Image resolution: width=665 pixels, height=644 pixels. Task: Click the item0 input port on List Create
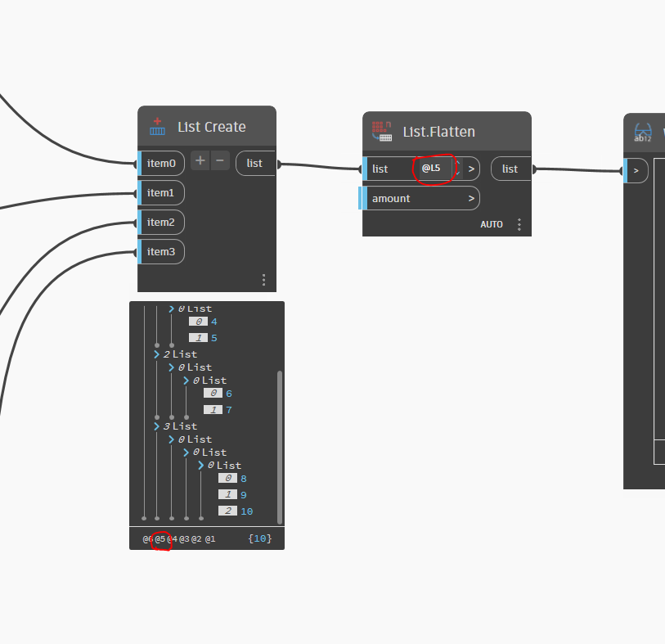coord(161,164)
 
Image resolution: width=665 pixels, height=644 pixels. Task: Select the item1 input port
coord(160,193)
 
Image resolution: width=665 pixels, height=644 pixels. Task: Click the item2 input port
coord(160,223)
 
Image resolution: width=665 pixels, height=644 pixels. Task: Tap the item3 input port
coord(160,252)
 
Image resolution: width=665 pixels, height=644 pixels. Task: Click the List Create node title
coord(211,127)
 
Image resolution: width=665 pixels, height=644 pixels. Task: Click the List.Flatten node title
coord(438,132)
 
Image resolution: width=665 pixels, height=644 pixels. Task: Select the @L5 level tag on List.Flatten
coord(431,169)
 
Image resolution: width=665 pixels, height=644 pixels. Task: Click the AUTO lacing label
coord(492,224)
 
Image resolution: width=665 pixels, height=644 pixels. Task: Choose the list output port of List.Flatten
coord(510,169)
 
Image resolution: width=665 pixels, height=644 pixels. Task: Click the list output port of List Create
coord(255,164)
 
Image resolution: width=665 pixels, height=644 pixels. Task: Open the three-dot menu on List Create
coord(263,280)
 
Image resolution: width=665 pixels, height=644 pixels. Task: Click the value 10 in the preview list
coord(246,511)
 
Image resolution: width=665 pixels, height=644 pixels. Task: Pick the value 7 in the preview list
coord(229,410)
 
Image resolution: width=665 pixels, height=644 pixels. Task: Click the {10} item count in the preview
coord(259,539)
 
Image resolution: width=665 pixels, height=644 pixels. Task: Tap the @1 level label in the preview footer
coord(210,539)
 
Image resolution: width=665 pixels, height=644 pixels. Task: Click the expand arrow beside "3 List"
coord(156,426)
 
